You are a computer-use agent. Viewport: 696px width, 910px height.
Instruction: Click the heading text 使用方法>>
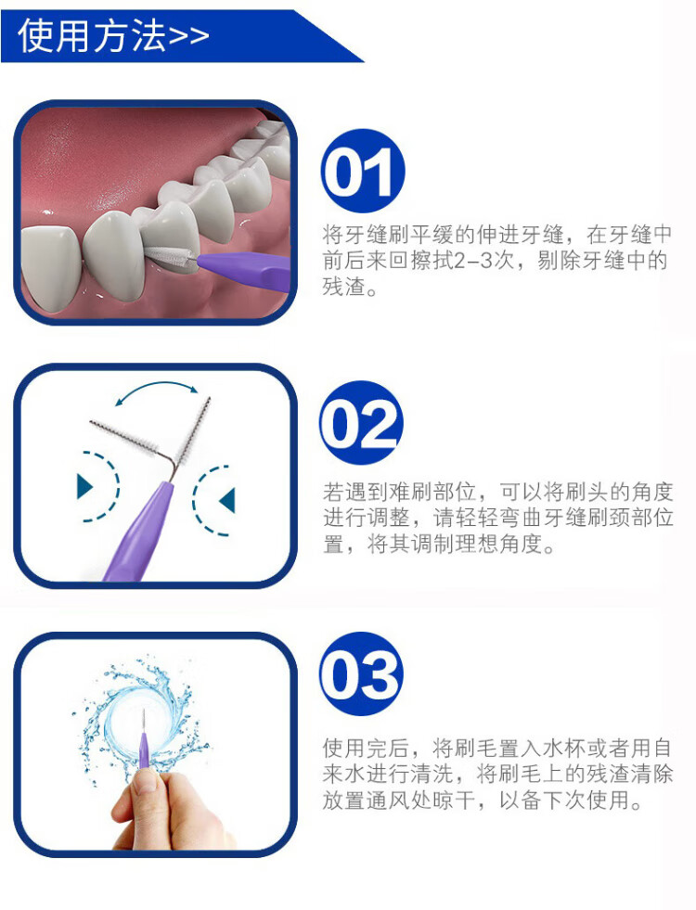pyautogui.click(x=113, y=35)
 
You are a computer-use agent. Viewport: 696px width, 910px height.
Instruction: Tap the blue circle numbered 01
pyautogui.click(x=362, y=171)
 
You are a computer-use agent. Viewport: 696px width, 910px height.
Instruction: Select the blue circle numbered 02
pyautogui.click(x=361, y=422)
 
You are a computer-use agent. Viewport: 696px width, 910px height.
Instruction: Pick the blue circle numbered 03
pyautogui.click(x=361, y=673)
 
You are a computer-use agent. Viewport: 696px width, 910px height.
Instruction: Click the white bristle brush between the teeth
pyautogui.click(x=171, y=257)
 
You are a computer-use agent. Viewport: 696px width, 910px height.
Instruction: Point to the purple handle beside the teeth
pyautogui.click(x=244, y=269)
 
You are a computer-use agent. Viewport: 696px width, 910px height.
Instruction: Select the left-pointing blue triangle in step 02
pyautogui.click(x=227, y=500)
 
